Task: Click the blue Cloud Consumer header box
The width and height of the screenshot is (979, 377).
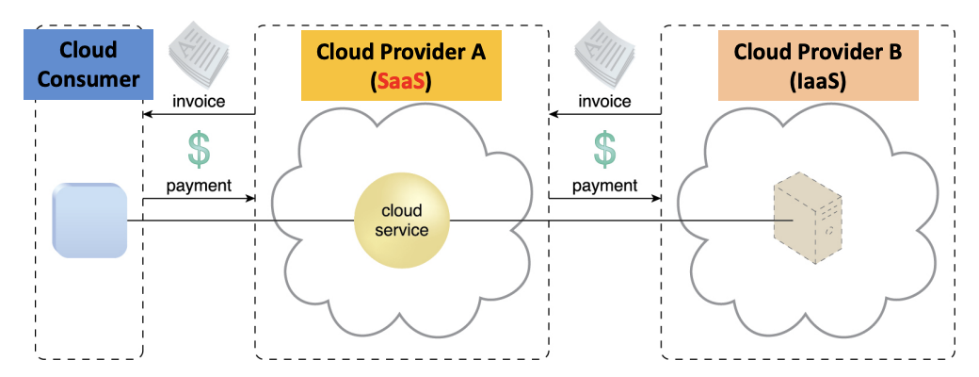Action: coord(87,64)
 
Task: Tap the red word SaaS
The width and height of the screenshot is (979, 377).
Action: coord(401,82)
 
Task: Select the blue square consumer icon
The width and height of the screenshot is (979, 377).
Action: coord(89,221)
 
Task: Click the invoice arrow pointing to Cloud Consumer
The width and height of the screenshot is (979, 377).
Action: coord(199,115)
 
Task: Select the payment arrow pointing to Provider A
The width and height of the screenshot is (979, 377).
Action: coord(199,199)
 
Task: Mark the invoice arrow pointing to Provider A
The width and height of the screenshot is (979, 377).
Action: coord(605,115)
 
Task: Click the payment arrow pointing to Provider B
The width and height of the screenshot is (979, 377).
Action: coord(605,199)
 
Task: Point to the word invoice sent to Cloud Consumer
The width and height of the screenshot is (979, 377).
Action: coord(199,101)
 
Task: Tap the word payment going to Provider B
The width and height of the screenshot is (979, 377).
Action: coord(605,185)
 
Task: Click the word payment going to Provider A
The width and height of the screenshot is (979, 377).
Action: coord(199,185)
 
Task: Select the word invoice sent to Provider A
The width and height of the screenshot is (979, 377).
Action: coord(605,101)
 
